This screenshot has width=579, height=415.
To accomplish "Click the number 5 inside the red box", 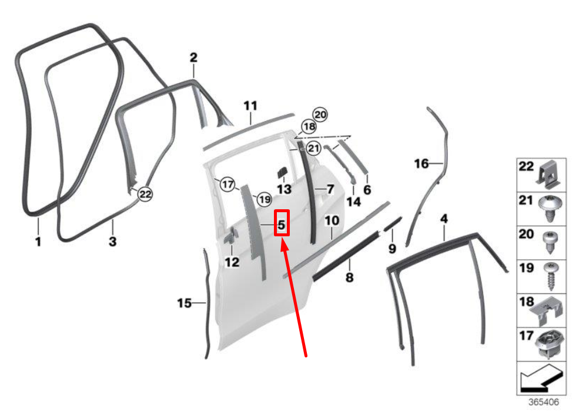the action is click(282, 225).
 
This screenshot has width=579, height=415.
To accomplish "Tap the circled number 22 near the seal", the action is click(145, 194).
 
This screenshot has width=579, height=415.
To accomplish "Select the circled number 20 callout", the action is click(320, 115).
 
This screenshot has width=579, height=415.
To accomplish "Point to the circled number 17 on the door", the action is click(227, 184).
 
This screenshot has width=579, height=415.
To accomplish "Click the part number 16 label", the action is click(421, 163).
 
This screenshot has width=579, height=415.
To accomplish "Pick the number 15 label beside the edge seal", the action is click(184, 303).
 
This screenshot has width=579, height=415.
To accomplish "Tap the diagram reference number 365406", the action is click(544, 402).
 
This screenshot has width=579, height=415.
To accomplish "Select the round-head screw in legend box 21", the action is click(550, 208).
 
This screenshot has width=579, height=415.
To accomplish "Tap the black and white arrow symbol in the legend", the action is click(542, 378).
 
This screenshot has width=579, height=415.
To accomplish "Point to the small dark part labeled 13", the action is click(282, 172).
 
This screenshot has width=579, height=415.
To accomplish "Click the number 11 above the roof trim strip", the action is click(250, 106).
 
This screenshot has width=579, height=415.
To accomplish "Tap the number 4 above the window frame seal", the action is click(444, 219).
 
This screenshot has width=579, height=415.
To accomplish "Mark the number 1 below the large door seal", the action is click(38, 242).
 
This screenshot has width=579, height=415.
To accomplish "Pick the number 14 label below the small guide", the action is click(353, 202).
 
